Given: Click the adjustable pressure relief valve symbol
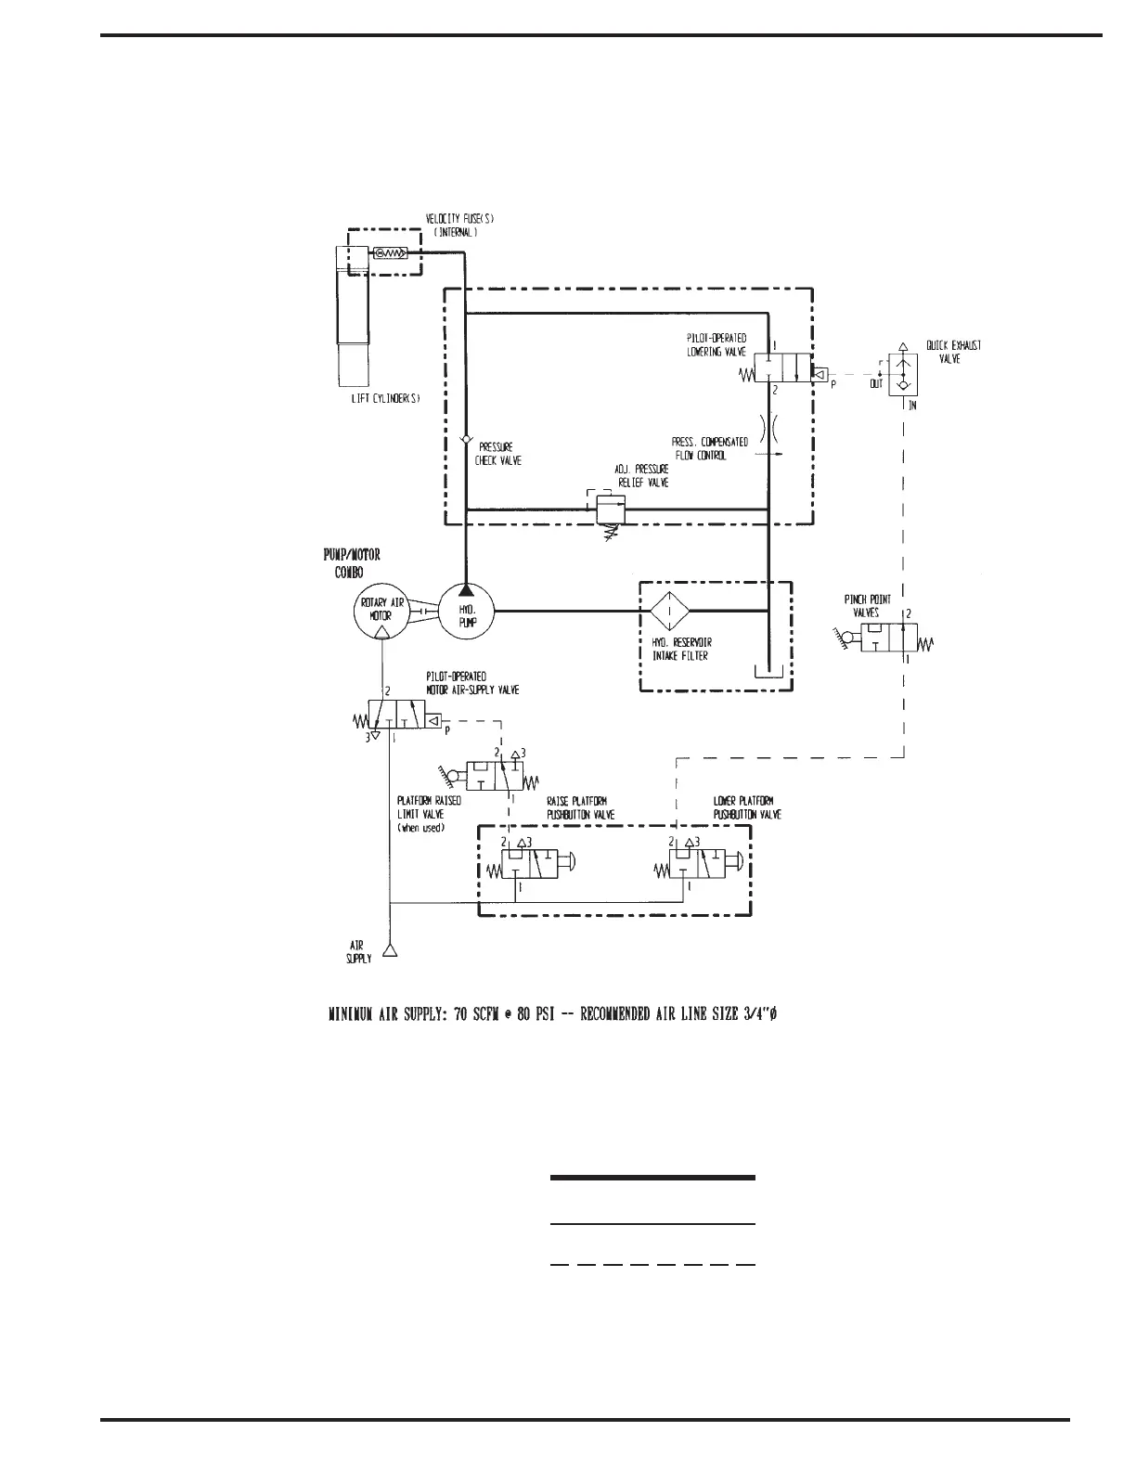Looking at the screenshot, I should click(x=610, y=509).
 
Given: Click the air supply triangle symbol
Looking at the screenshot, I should click(x=391, y=950).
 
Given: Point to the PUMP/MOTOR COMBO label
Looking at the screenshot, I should click(x=352, y=563).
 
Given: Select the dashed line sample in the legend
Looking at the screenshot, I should click(x=652, y=1264).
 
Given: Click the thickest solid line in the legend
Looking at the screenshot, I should click(x=652, y=1178).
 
